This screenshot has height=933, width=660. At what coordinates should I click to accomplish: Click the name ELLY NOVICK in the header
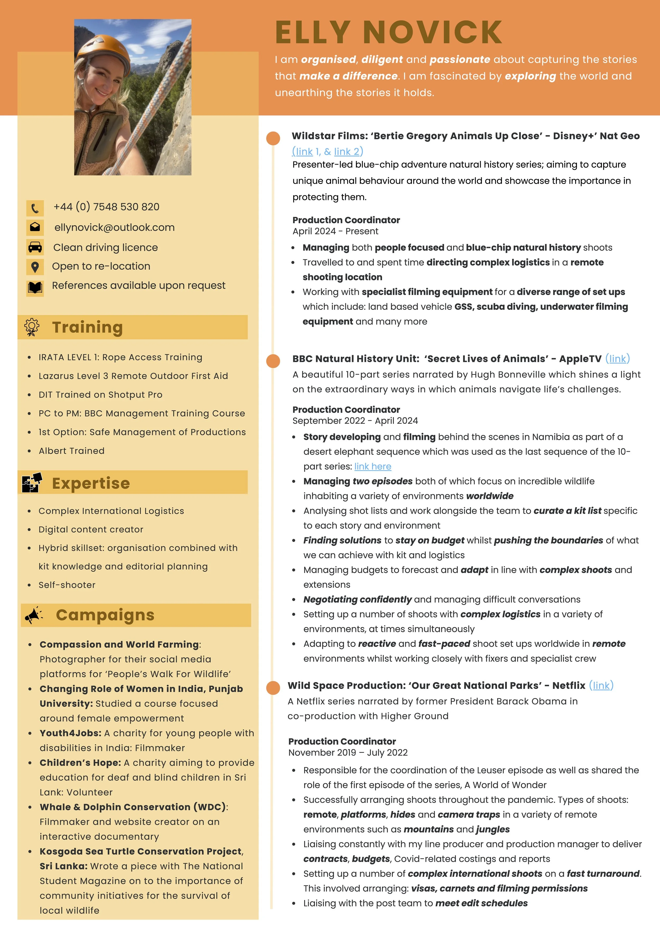[388, 32]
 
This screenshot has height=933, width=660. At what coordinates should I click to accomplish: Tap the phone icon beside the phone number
[35, 208]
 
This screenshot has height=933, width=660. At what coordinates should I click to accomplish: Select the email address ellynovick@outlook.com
[114, 227]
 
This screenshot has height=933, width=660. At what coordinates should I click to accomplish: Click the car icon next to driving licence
[35, 247]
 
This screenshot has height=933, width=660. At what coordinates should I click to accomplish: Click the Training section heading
[87, 327]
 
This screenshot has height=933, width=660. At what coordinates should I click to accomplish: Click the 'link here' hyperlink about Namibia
[373, 466]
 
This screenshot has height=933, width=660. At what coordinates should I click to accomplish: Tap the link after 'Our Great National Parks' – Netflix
[601, 686]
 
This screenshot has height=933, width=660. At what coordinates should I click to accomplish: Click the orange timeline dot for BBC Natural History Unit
[273, 360]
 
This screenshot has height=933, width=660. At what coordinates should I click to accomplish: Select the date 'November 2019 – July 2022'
[348, 753]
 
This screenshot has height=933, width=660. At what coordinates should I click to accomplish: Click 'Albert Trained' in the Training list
[72, 451]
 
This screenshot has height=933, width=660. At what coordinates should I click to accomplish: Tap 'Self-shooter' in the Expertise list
[67, 585]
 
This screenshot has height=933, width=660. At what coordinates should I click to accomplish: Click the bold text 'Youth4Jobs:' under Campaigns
[70, 733]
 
